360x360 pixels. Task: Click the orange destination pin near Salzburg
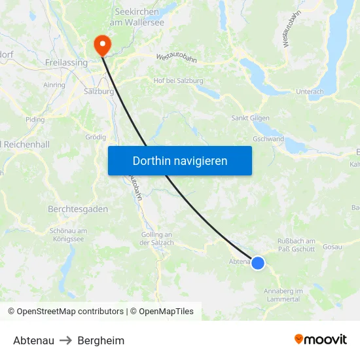103,45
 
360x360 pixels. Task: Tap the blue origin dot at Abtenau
258,263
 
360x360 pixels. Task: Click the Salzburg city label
99,92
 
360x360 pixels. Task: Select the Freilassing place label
67,63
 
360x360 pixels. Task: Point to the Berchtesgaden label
78,209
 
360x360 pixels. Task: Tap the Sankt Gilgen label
249,118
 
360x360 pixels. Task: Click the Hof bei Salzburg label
177,81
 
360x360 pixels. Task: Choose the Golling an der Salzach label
157,239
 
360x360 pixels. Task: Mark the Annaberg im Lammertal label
283,295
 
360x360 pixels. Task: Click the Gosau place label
332,247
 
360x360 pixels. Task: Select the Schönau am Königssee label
68,235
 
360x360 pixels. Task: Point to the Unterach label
310,92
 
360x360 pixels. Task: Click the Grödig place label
96,137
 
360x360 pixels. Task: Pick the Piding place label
35,120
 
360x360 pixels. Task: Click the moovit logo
321,339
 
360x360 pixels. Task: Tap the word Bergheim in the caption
101,340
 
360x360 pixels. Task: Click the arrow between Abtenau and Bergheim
65,340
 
